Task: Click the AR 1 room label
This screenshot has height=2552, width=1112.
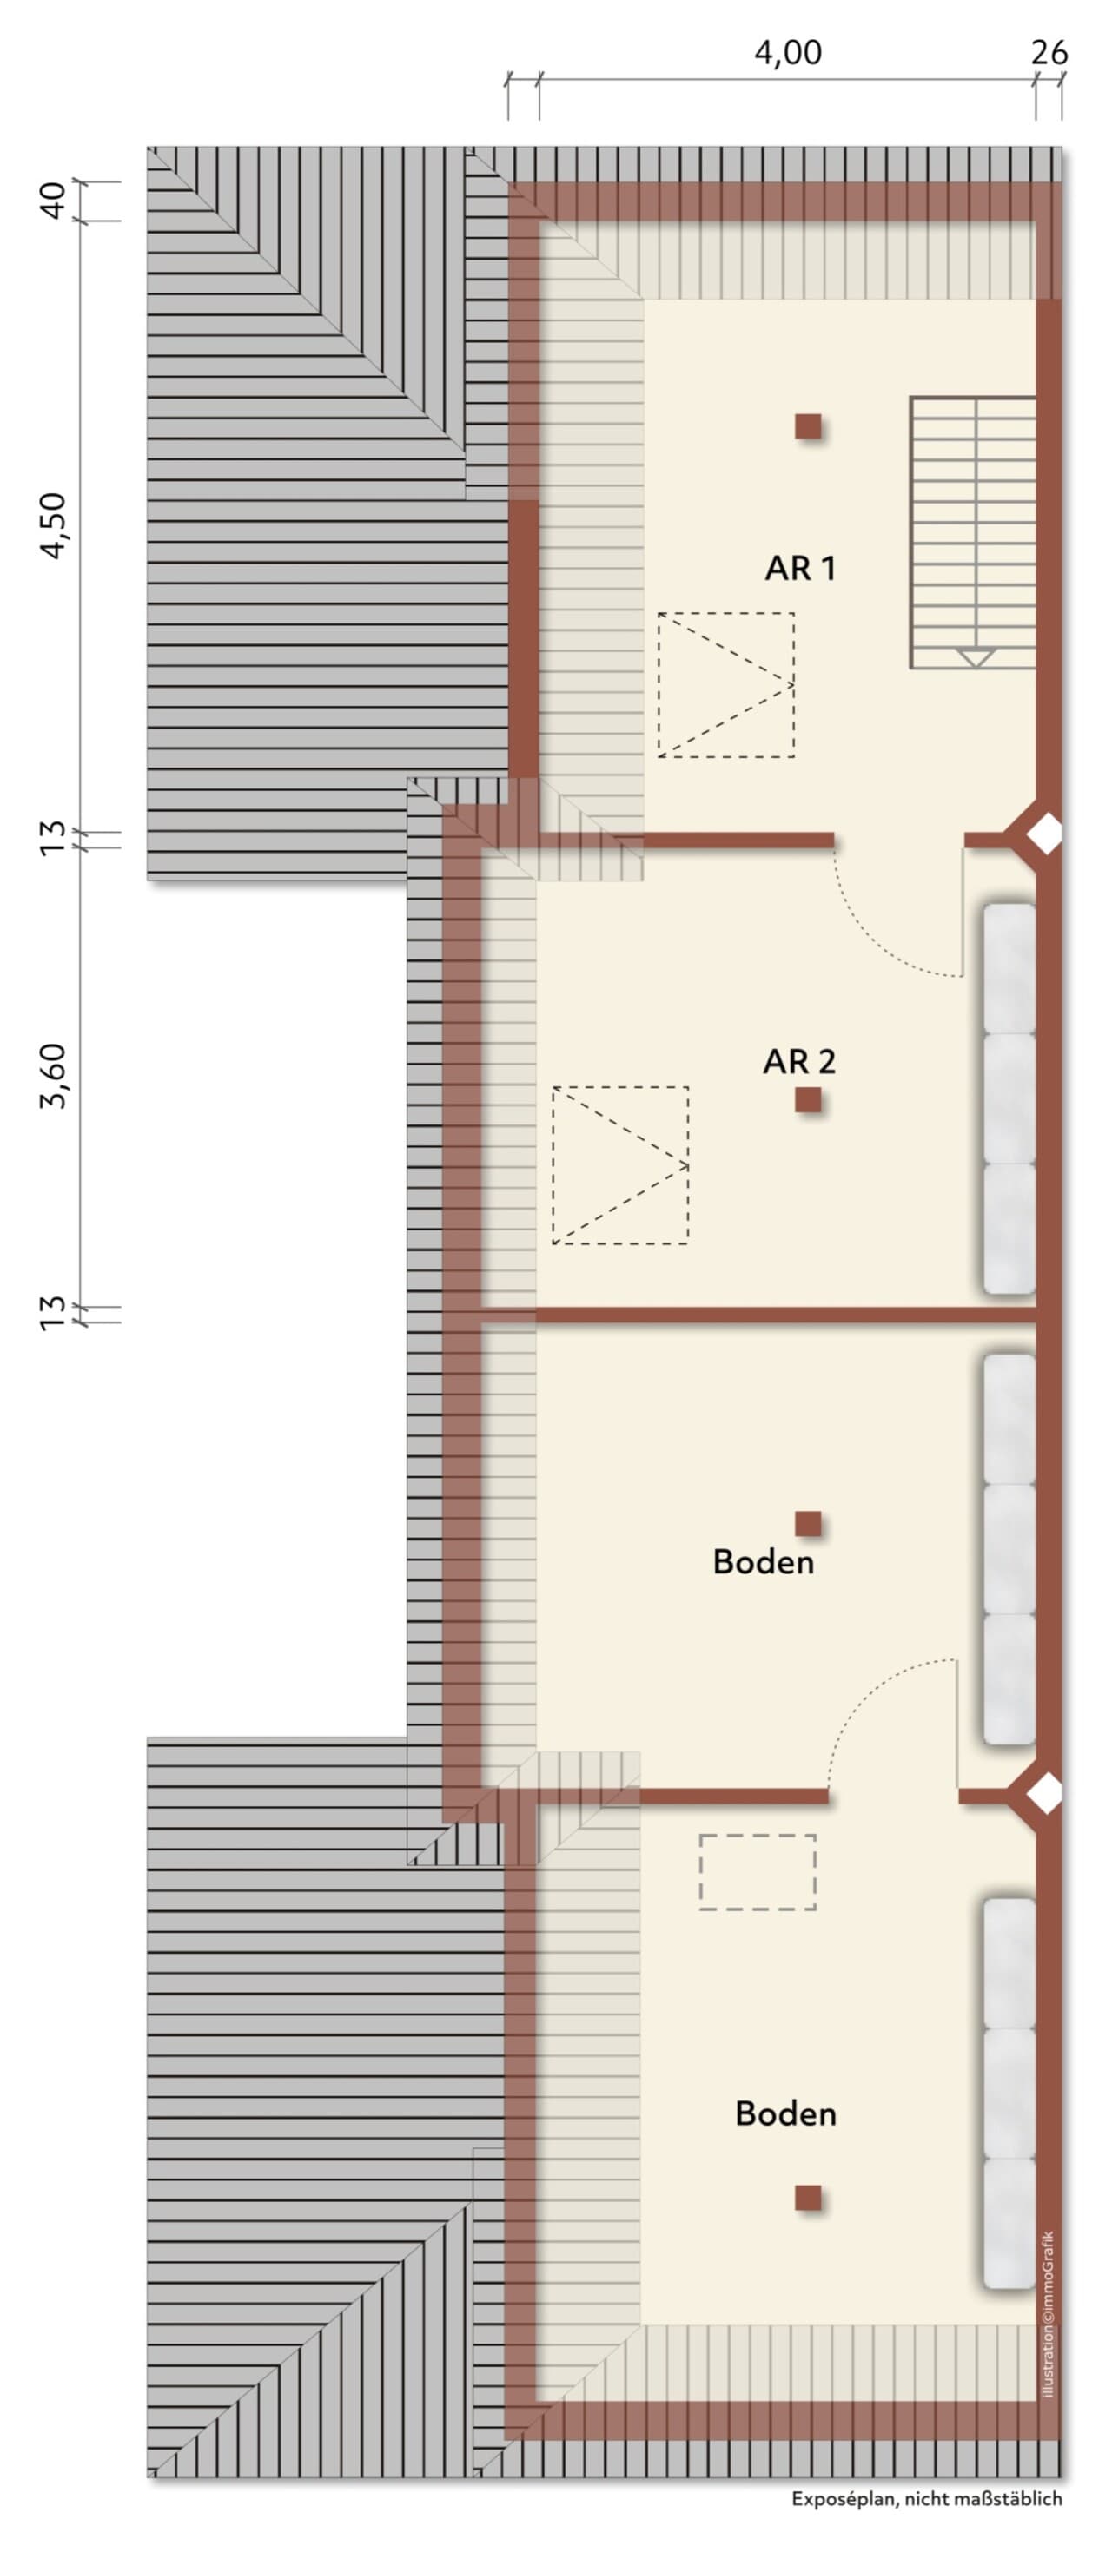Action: (800, 568)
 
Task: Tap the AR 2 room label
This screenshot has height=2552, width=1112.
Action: (799, 1061)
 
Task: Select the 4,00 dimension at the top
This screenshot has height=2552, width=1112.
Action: (788, 52)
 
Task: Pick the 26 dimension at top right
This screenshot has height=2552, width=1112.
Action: (1049, 52)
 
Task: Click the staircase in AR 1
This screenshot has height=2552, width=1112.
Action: (972, 533)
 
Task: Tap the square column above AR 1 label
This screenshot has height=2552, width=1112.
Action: (808, 427)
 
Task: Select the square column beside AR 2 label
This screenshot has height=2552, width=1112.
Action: (808, 1099)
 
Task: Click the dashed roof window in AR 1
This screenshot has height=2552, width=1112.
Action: (725, 684)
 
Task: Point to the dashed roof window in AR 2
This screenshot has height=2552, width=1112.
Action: (620, 1165)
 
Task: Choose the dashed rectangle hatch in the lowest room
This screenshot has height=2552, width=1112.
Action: (758, 1871)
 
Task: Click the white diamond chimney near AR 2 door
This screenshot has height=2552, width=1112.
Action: (1043, 834)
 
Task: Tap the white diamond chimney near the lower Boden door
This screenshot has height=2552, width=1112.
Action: (1043, 1793)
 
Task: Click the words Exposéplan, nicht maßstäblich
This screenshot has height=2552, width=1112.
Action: (927, 2498)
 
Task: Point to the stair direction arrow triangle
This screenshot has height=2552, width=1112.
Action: (976, 656)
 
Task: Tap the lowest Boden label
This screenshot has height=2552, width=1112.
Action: (785, 2113)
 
